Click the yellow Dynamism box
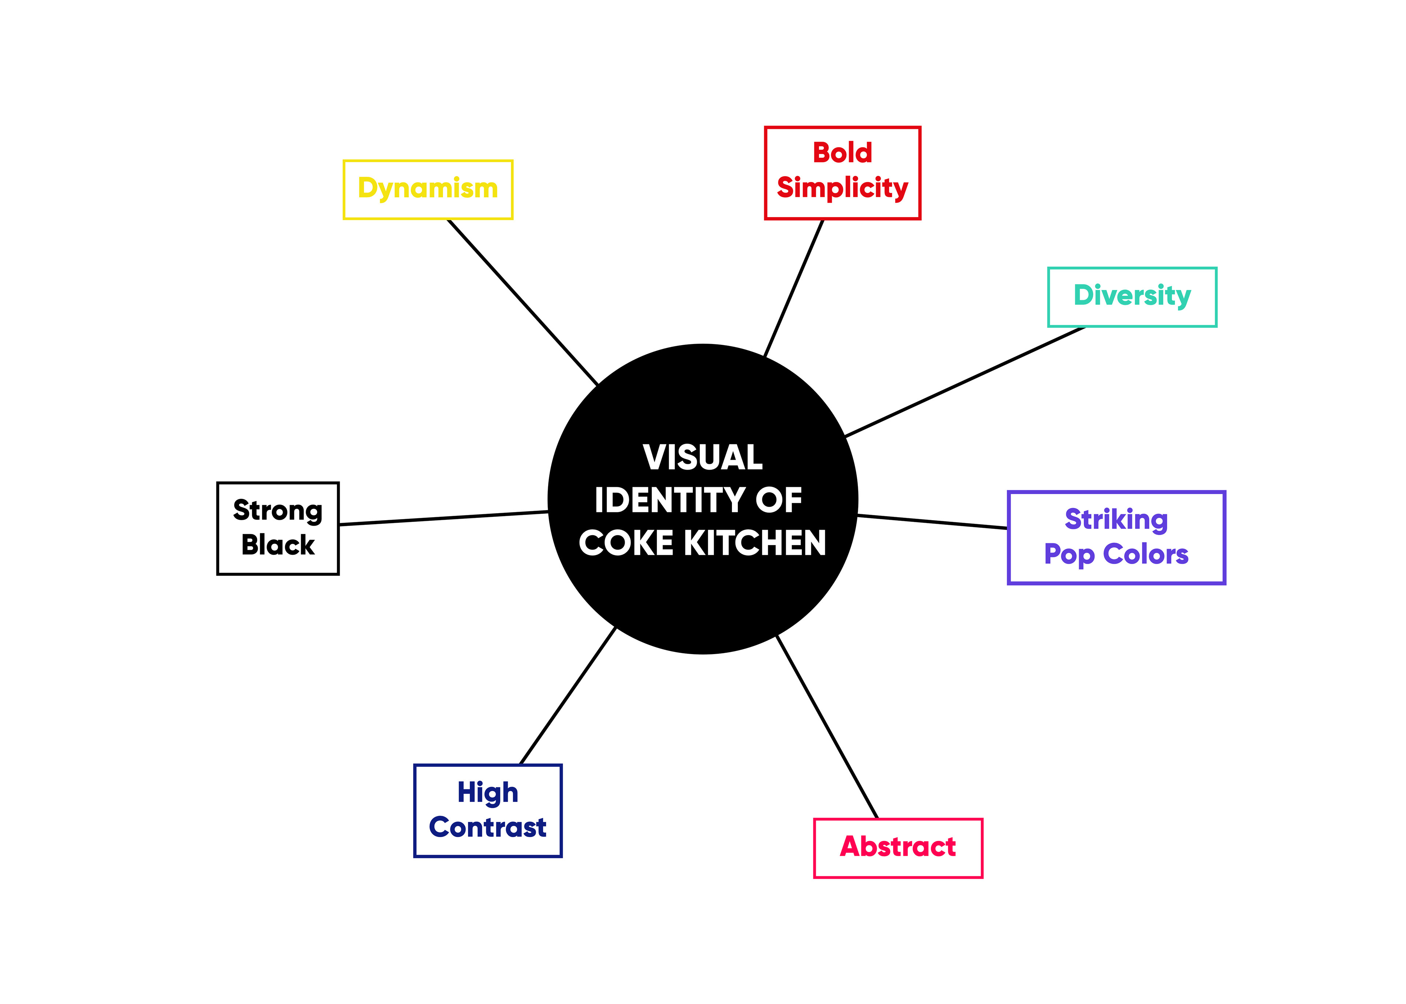[428, 189]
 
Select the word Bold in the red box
[842, 153]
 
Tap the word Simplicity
[842, 188]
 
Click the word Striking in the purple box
[1116, 519]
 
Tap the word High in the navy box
[488, 792]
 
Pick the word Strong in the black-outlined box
[278, 511]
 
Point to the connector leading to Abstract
[827, 727]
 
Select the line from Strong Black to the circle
[443, 518]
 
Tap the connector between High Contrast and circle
[568, 695]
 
